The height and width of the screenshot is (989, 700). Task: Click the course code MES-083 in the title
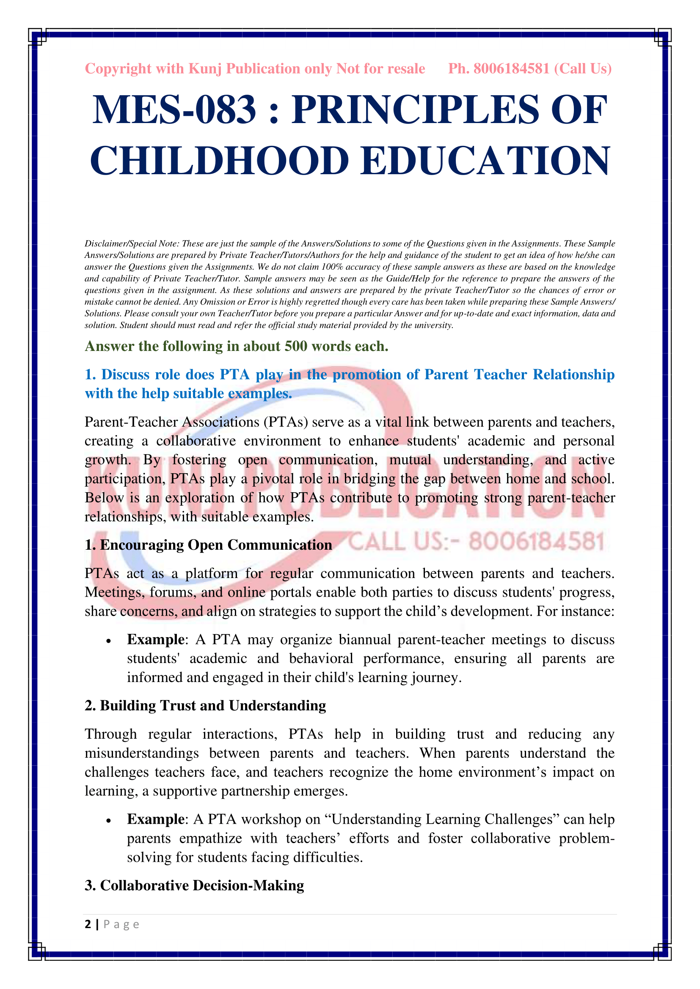(x=174, y=110)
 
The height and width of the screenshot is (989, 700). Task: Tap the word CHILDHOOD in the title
(x=219, y=161)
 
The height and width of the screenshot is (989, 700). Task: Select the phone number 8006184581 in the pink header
(x=512, y=68)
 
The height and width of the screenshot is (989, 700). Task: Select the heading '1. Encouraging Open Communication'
(x=208, y=545)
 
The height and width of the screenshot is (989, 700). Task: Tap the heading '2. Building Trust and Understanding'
(x=205, y=706)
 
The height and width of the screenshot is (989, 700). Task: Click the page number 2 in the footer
(x=88, y=924)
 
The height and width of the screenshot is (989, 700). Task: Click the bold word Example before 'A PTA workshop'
(x=156, y=819)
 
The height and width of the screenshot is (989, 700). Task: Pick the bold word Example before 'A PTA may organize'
(x=156, y=640)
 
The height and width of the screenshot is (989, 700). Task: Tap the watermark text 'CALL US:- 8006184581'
(x=476, y=542)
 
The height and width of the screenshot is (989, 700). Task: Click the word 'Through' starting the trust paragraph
(x=110, y=734)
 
